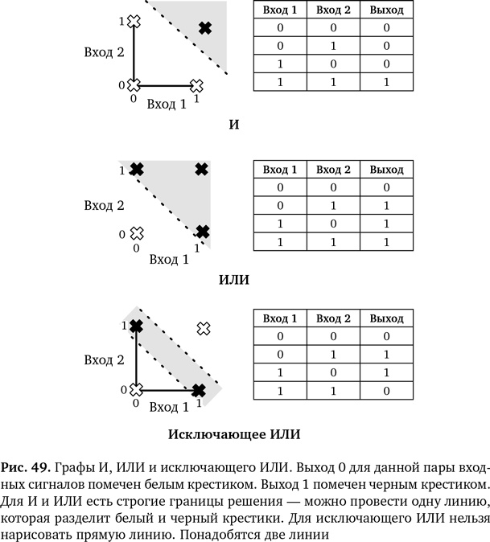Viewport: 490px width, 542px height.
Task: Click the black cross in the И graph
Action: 204,28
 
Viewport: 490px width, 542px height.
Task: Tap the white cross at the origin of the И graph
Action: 135,84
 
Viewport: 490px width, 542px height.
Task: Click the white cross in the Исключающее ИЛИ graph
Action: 204,327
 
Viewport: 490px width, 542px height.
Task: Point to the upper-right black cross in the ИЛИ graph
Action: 202,169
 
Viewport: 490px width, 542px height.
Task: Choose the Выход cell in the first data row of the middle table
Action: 387,187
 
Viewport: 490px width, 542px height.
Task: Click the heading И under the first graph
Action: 234,125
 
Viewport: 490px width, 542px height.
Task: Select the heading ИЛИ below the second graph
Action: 234,280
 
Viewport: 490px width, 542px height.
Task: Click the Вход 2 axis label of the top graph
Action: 104,51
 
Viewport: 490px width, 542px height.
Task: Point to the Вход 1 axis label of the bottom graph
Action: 168,407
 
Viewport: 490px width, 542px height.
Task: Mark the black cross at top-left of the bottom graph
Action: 136,326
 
